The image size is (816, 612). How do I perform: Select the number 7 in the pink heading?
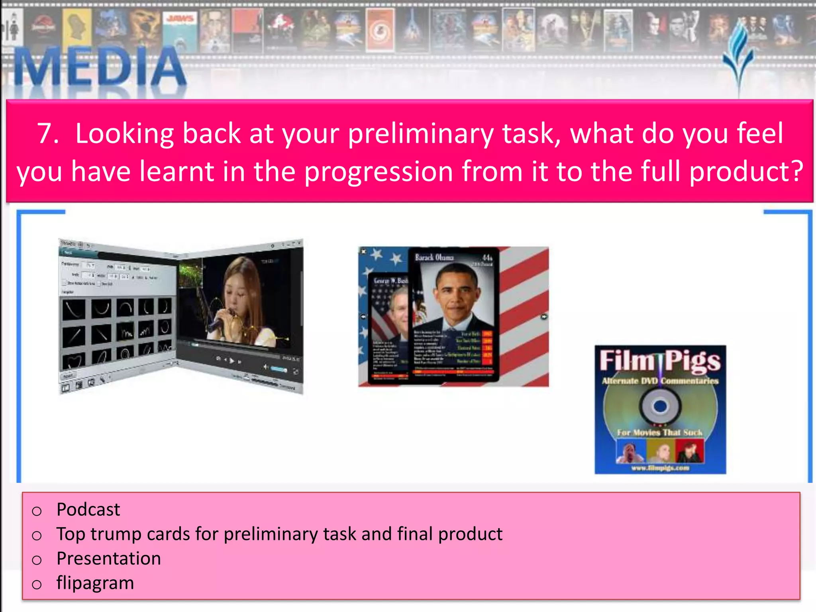click(47, 133)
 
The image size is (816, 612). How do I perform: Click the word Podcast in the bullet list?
click(88, 509)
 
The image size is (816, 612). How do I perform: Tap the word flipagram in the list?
click(95, 583)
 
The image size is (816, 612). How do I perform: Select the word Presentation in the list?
click(109, 558)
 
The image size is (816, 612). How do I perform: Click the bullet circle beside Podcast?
click(37, 511)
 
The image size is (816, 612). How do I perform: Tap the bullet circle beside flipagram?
click(37, 585)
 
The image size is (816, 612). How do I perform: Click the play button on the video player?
click(232, 361)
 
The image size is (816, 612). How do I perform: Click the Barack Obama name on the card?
click(434, 257)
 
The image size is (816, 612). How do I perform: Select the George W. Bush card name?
click(390, 281)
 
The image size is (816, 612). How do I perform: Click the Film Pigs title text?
click(660, 361)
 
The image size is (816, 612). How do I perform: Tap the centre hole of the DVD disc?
click(660, 406)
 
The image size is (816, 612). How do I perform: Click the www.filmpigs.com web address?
click(660, 468)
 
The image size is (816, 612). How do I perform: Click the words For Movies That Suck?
click(659, 432)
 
